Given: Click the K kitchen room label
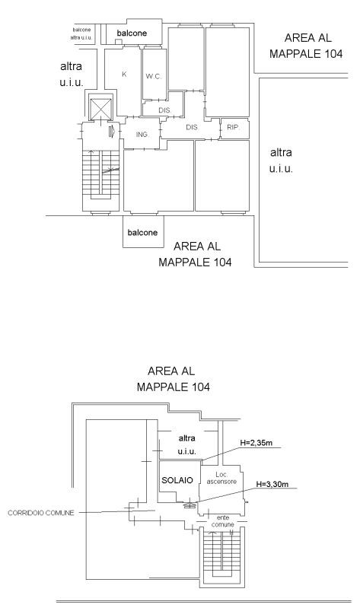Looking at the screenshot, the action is (x=124, y=74).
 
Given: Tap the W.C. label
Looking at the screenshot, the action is (x=154, y=76).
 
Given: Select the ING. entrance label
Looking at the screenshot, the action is (x=142, y=135).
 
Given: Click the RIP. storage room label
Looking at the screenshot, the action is (x=233, y=127).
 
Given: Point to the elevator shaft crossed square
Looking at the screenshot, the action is (x=100, y=109).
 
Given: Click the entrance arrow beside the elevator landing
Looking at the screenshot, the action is (x=111, y=132).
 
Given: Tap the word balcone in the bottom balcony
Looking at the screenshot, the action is (x=142, y=233).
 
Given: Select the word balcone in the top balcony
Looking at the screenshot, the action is (x=132, y=33).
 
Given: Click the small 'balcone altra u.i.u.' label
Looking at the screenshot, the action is (x=81, y=33).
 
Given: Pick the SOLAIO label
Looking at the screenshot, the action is (x=177, y=480).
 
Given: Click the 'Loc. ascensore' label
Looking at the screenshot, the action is (x=221, y=478).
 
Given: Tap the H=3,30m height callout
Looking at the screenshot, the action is (x=272, y=485).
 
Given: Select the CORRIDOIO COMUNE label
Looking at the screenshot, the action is (x=41, y=513).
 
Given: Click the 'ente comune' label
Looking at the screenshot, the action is (x=223, y=521).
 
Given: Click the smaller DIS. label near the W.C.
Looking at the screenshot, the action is (x=165, y=110).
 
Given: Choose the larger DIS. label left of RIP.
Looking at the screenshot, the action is (x=192, y=127).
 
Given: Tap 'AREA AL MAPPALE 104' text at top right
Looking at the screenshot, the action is (x=307, y=46).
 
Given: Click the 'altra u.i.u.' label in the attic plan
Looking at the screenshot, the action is (x=186, y=444).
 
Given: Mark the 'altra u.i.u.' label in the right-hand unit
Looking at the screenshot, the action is (x=281, y=160).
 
